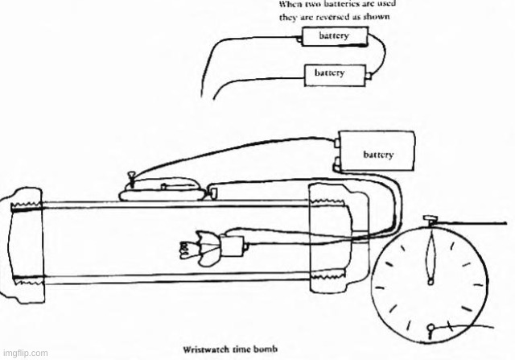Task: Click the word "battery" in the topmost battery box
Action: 333,37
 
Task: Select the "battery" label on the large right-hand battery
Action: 377,152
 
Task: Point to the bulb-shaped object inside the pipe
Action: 196,246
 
